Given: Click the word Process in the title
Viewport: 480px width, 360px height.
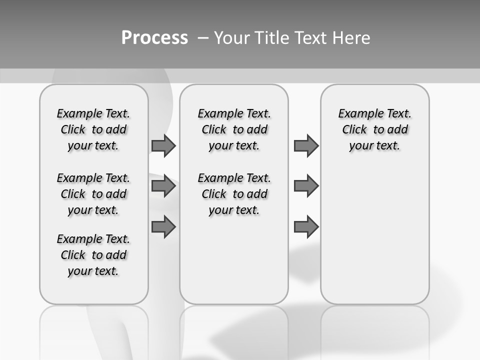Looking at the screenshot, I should pyautogui.click(x=154, y=38).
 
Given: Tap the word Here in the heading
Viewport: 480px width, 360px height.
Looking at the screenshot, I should pyautogui.click(x=351, y=38).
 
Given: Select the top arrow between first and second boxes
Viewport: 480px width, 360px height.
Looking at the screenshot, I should pyautogui.click(x=163, y=146).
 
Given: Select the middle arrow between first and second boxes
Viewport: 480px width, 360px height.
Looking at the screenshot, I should pyautogui.click(x=163, y=186).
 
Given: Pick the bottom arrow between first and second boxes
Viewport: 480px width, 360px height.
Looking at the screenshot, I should pyautogui.click(x=163, y=226).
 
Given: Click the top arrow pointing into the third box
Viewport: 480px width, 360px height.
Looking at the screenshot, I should pyautogui.click(x=306, y=146).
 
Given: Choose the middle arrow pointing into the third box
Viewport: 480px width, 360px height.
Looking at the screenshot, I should pyautogui.click(x=306, y=186).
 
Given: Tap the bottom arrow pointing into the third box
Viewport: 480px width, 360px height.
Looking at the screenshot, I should pyautogui.click(x=306, y=226).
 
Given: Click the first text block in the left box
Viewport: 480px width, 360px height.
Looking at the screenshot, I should pyautogui.click(x=93, y=129).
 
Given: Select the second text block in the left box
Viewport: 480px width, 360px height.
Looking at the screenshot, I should pyautogui.click(x=93, y=194).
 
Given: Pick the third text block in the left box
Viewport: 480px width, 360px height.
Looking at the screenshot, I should pyautogui.click(x=93, y=255).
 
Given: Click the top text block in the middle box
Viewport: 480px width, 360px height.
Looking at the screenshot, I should pyautogui.click(x=234, y=129).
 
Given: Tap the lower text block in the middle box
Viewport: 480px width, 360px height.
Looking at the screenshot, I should pyautogui.click(x=234, y=194).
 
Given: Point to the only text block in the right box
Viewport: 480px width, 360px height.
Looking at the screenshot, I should pyautogui.click(x=375, y=129).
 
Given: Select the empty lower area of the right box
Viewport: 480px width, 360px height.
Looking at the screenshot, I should pyautogui.click(x=375, y=235).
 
